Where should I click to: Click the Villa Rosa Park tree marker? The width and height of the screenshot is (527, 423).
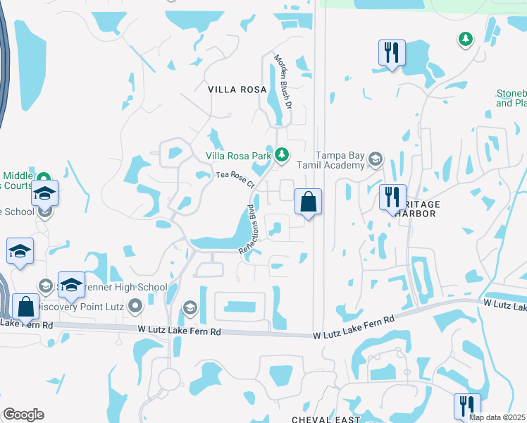(x=282, y=154)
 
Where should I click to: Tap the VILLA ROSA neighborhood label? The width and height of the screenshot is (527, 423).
(x=237, y=90)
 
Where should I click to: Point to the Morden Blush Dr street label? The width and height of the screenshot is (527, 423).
(x=283, y=80)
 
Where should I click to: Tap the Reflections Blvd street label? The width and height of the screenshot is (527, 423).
(x=247, y=229)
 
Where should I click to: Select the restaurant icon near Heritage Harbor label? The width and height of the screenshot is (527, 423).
(x=392, y=197)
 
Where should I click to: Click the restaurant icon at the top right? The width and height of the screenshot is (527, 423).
(x=390, y=53)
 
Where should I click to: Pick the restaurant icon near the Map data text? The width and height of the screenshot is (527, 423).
(x=466, y=406)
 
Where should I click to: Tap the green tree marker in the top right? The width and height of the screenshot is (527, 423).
(x=464, y=39)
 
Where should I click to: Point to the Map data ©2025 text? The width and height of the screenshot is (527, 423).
(x=497, y=417)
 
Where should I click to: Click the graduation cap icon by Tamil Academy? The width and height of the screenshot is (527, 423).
(x=376, y=159)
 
